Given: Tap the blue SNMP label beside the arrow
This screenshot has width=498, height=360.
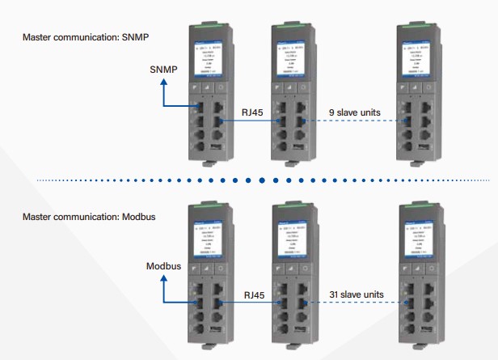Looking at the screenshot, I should (163, 70).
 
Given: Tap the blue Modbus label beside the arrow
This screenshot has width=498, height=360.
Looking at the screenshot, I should (164, 265).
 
